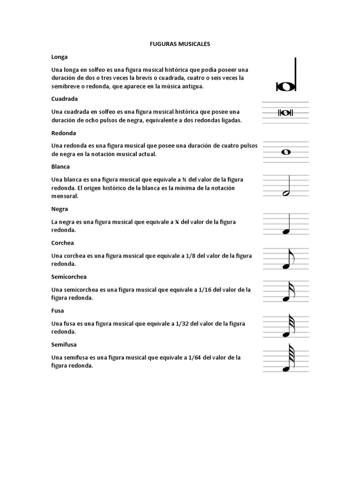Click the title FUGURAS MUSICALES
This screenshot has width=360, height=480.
coord(180,44)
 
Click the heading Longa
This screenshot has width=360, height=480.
coord(60,57)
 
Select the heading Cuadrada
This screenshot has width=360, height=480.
coord(64,99)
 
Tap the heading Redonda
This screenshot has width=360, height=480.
coord(63,133)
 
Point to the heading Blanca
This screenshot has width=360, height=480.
coord(60,166)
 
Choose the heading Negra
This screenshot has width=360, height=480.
coord(60,209)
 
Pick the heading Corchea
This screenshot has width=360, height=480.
coord(62,243)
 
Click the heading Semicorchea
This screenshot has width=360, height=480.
coord(69,277)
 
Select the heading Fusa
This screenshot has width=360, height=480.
coord(58,310)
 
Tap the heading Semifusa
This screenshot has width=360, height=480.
coord(64,344)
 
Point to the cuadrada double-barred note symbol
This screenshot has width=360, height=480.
coord(285,113)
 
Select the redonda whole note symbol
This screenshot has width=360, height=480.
coord(285,152)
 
